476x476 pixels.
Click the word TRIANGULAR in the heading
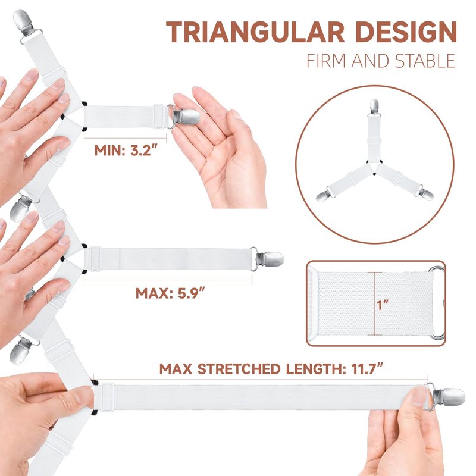[x=255, y=32]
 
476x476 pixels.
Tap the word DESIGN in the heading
[x=406, y=32]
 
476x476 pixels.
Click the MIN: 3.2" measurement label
[x=127, y=151]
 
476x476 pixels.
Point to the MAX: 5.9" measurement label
[x=171, y=293]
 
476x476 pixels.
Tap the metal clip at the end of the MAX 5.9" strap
[x=267, y=259]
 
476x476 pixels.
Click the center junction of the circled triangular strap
[x=374, y=166]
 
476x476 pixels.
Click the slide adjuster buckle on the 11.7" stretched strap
[x=107, y=396]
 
